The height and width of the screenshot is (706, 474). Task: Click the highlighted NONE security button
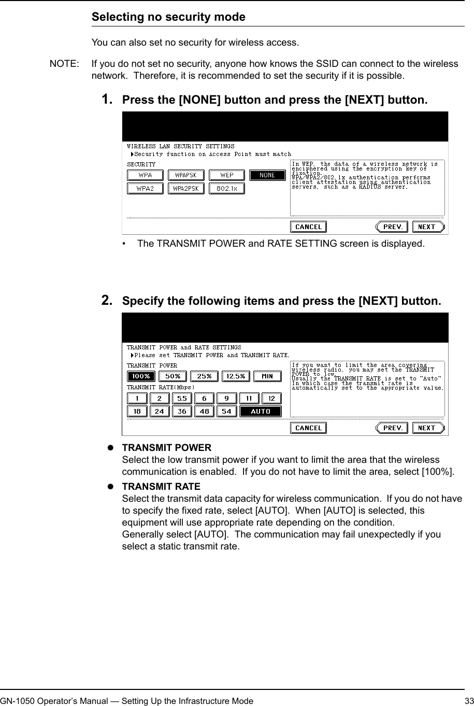(267, 175)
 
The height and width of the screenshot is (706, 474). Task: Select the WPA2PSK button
(185, 189)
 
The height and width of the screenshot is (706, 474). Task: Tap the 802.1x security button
(226, 189)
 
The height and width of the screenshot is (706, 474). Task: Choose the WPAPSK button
(185, 175)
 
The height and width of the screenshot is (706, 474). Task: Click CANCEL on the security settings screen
(308, 227)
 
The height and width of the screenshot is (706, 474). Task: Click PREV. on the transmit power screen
(392, 428)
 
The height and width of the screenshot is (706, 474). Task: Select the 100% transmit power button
(141, 376)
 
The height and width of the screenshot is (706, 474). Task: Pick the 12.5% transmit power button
(236, 376)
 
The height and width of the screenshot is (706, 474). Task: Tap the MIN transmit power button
(267, 376)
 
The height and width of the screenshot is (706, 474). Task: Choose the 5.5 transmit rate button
(182, 399)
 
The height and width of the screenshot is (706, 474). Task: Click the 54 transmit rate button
(227, 412)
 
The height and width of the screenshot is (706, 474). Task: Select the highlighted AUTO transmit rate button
(261, 412)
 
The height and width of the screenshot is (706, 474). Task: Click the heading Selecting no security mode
(168, 17)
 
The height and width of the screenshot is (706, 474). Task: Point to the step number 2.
(108, 301)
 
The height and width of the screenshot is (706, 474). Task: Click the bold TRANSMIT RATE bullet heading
(161, 487)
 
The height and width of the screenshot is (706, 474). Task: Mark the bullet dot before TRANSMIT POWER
(110, 448)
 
